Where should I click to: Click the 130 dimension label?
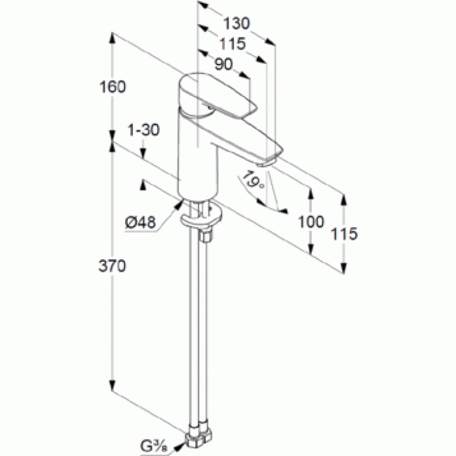(236, 23)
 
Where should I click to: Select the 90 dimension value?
(223, 64)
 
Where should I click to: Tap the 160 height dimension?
(113, 87)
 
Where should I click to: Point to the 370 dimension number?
(112, 266)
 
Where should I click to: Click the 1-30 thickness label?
(144, 130)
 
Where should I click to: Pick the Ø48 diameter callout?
(140, 223)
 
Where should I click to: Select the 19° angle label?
(253, 180)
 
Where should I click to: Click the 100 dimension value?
(311, 222)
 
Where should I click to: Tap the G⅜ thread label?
(154, 446)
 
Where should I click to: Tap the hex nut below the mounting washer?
(206, 235)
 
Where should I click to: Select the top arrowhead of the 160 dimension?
(112, 38)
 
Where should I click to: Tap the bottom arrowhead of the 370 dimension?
(112, 386)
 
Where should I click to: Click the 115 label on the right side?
(344, 233)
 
